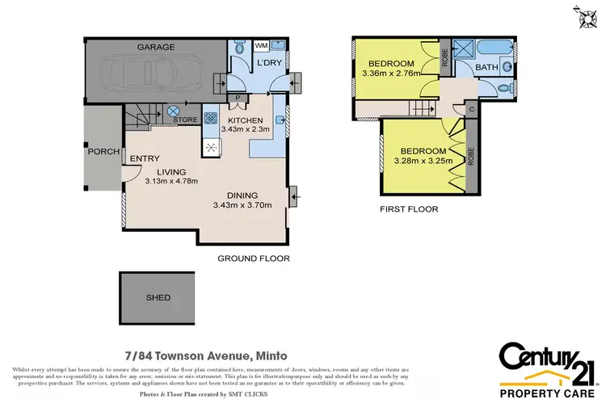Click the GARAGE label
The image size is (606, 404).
pyautogui.click(x=155, y=48)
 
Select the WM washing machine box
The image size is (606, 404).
pyautogui.click(x=261, y=46)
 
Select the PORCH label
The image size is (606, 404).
pyautogui.click(x=100, y=151)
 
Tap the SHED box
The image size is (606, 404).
pyautogui.click(x=158, y=297)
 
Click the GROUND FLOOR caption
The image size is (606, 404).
pyautogui.click(x=254, y=259)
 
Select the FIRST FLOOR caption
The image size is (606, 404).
pyautogui.click(x=409, y=209)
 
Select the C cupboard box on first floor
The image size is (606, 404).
pyautogui.click(x=471, y=108)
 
